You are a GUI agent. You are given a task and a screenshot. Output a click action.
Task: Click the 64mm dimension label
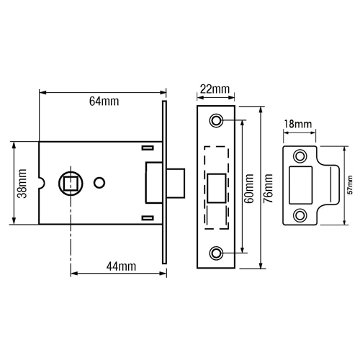(104, 102)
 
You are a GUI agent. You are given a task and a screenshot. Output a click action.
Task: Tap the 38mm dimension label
(22, 184)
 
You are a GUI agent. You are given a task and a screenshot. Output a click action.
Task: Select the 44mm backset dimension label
(121, 266)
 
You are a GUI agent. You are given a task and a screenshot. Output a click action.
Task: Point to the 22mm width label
(215, 89)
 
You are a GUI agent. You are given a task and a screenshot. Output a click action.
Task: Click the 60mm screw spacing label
(249, 189)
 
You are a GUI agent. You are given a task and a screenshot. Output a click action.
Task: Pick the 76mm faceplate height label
(268, 189)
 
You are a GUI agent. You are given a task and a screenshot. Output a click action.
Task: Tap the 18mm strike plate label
(298, 124)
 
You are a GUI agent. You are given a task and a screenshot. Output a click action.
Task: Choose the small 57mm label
(351, 185)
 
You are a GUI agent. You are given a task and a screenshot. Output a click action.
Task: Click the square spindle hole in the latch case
(71, 184)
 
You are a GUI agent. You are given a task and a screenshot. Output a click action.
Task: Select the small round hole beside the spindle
(99, 183)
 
